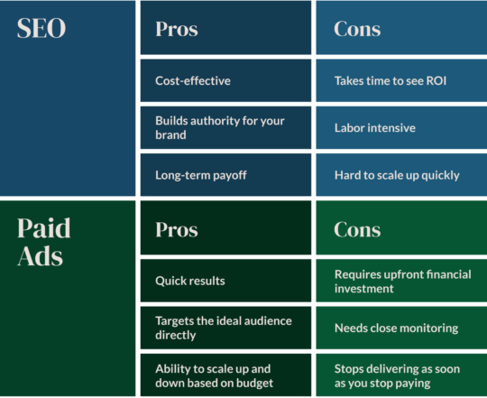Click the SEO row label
click(x=41, y=28)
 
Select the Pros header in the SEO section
click(x=176, y=29)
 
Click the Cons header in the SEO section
click(x=356, y=29)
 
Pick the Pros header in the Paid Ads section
click(x=176, y=229)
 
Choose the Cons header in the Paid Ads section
click(x=356, y=229)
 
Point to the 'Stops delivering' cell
click(x=400, y=375)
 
